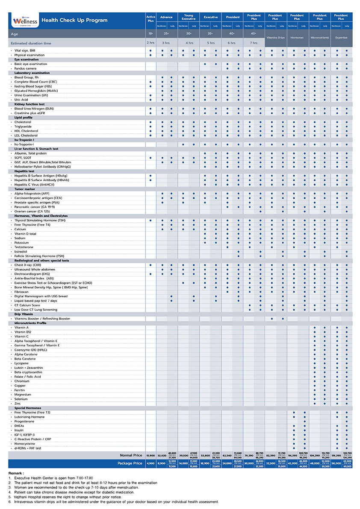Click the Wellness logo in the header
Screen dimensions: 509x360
pyautogui.click(x=24, y=20)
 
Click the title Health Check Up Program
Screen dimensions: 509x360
pyautogui.click(x=74, y=20)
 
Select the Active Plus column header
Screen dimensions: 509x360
pyautogui.click(x=150, y=19)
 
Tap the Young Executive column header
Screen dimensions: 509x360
pyautogui.click(x=189, y=17)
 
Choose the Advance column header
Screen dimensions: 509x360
pyautogui.click(x=166, y=17)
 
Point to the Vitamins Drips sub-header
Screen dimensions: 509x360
pyautogui.click(x=275, y=38)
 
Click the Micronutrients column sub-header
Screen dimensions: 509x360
pyautogui.click(x=319, y=38)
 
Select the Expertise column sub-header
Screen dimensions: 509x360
pyautogui.click(x=341, y=38)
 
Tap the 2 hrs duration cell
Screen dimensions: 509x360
pyautogui.click(x=150, y=43)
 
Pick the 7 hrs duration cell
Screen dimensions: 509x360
pyautogui.click(x=254, y=43)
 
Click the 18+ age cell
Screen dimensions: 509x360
pyautogui.click(x=150, y=33)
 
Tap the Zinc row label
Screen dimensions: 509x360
pyautogui.click(x=18, y=403)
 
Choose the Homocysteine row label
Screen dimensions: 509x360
pyautogui.click(x=24, y=444)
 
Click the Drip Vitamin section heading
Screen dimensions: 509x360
pyautogui.click(x=24, y=314)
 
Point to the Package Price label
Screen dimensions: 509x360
pyautogui.click(x=130, y=463)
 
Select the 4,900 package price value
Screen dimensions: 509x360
pyautogui.click(x=150, y=463)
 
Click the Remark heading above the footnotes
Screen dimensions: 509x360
pyautogui.click(x=16, y=474)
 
